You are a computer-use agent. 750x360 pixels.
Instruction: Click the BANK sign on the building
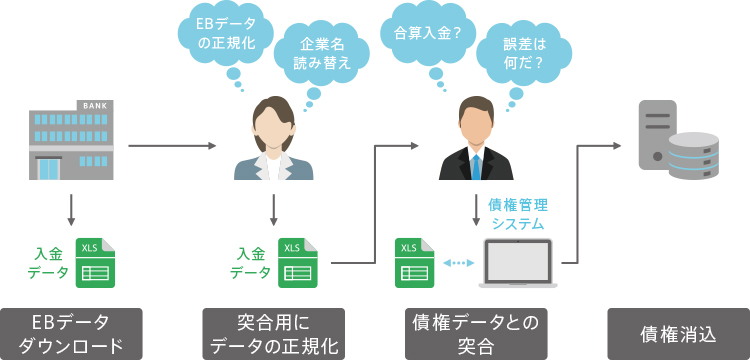tap(94, 106)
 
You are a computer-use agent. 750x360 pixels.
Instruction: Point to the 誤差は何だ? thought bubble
tap(519, 55)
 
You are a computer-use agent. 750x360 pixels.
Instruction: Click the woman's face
tap(273, 122)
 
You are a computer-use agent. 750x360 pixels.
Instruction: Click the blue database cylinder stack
tap(693, 155)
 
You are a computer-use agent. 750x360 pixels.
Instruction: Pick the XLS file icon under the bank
tap(96, 262)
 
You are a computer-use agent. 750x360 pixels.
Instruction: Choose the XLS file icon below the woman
tap(298, 262)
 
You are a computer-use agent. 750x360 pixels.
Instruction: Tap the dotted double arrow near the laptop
tap(458, 263)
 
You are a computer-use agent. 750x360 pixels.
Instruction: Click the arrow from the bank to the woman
tap(172, 146)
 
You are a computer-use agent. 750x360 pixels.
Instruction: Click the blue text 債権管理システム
tap(517, 214)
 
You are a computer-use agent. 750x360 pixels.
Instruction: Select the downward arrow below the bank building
tap(72, 209)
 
